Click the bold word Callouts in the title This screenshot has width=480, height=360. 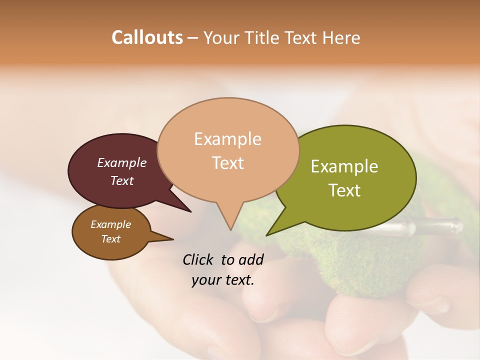(x=147, y=37)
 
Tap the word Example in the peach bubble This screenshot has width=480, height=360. (x=227, y=139)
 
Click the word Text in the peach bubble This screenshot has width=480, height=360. (x=227, y=162)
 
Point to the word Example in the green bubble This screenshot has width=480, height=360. (x=344, y=166)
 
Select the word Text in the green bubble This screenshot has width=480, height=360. (x=344, y=190)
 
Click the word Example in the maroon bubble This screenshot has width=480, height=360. (x=121, y=162)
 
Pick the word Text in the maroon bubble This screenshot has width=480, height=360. (x=121, y=180)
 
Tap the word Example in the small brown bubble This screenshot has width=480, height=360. (x=110, y=224)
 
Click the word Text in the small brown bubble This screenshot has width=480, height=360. (x=110, y=238)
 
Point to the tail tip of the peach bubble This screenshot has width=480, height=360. (x=230, y=229)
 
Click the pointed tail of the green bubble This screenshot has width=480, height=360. (x=268, y=234)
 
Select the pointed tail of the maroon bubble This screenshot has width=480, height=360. (x=189, y=211)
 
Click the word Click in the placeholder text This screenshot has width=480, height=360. (x=199, y=259)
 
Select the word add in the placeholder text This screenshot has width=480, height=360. (x=250, y=259)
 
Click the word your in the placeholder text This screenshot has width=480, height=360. (x=205, y=279)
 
